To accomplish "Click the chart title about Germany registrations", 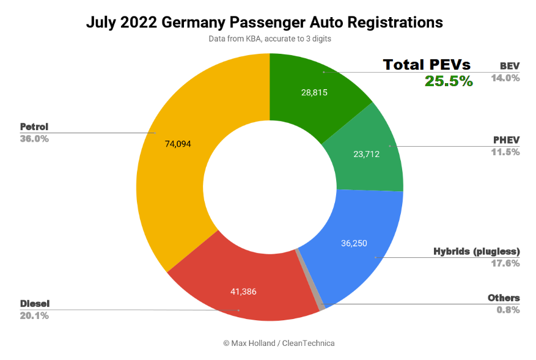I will point(264,23).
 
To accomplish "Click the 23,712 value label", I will point(366,154).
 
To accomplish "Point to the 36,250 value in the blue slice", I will point(354,243).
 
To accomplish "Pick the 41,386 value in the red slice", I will point(243,292).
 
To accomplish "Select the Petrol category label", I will point(34,127).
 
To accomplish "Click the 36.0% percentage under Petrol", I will point(34,139).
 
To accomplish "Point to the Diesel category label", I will point(35,304).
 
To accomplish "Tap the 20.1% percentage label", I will point(34,316).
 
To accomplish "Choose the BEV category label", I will point(509,66).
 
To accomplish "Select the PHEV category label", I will point(506,140).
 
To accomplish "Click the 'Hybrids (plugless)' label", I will point(476,251).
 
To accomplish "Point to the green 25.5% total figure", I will point(449,81).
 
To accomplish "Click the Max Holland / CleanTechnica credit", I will point(279,343).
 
